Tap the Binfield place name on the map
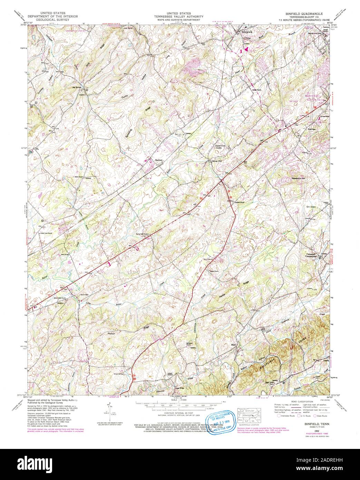pos(158,160)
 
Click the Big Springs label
pos(76,87)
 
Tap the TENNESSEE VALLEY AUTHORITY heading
pos(179,16)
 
